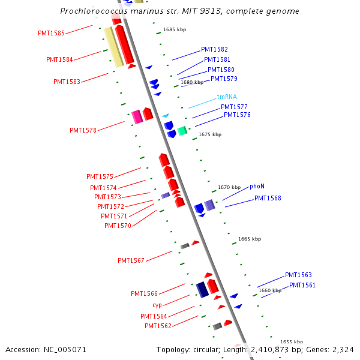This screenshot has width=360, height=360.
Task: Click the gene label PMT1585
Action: pyautogui.click(x=51, y=33)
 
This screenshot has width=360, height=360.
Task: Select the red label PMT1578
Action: pyautogui.click(x=83, y=130)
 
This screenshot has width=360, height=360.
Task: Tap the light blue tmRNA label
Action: pyautogui.click(x=227, y=97)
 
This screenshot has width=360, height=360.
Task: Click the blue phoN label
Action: pyautogui.click(x=257, y=186)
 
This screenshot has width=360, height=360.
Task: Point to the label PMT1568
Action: pyautogui.click(x=268, y=198)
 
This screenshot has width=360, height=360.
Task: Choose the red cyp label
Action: pyautogui.click(x=157, y=305)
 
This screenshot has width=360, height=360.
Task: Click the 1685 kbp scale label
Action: pyautogui.click(x=175, y=29)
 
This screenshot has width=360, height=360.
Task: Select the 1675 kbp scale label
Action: pyautogui.click(x=210, y=135)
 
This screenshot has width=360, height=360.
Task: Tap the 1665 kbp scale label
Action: pyautogui.click(x=250, y=239)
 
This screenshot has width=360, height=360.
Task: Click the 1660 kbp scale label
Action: pyautogui.click(x=270, y=290)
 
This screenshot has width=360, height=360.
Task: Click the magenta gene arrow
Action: pyautogui.click(x=137, y=116)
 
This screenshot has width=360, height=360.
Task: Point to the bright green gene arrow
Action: pyautogui.click(x=182, y=131)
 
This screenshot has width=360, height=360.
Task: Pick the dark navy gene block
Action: pyautogui.click(x=202, y=289)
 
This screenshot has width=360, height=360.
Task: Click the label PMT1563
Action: pyautogui.click(x=298, y=275)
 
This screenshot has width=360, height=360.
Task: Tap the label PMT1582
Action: pyautogui.click(x=214, y=49)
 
